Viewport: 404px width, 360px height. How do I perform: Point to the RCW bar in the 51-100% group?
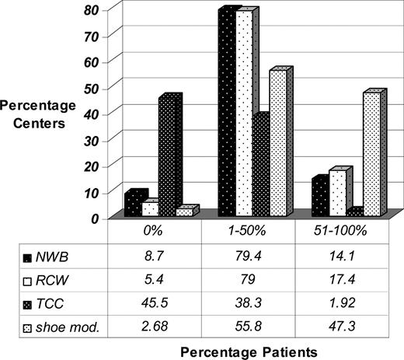(338, 193)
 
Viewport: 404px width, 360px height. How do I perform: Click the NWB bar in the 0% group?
(133, 205)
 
